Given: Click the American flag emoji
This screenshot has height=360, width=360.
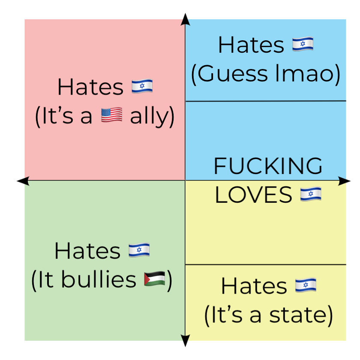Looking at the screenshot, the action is (x=111, y=114).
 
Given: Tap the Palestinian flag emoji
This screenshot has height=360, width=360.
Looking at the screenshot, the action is (x=155, y=279).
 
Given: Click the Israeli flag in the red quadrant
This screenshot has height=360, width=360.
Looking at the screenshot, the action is (x=142, y=86).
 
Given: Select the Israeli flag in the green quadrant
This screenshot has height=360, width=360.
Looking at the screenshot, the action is (x=139, y=250).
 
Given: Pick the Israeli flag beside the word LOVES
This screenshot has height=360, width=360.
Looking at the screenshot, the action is (x=311, y=194).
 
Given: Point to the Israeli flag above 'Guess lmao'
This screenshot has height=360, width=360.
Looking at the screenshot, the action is (x=303, y=44).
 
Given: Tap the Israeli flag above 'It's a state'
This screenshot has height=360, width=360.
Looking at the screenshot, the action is (x=306, y=285).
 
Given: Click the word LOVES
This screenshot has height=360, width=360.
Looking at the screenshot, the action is (x=253, y=195).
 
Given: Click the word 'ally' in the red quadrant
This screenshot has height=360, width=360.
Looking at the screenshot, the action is (x=150, y=116).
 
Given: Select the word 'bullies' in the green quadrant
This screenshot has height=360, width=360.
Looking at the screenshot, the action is (x=99, y=279).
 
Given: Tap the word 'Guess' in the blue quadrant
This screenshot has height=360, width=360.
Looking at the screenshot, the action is (x=233, y=74).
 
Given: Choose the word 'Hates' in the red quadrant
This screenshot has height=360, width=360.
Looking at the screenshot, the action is (x=90, y=87).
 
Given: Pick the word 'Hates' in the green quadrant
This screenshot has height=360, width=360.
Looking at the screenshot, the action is (x=87, y=251).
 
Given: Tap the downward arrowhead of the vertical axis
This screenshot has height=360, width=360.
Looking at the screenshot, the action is (x=185, y=341).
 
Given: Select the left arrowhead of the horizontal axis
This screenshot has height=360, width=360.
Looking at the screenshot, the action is (x=23, y=181).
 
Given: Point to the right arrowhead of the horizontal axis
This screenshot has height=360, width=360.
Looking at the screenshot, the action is (x=345, y=181).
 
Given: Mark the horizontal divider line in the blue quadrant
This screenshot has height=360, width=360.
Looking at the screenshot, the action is (x=266, y=101).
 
